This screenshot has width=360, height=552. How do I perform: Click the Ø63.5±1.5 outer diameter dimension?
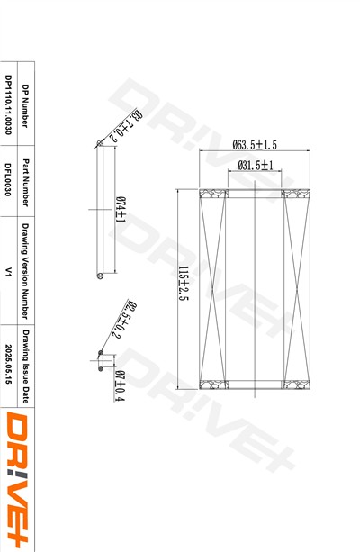point(255,145)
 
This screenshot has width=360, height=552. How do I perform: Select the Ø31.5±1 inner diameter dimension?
point(255,165)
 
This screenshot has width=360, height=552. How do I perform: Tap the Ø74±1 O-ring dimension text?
point(121,210)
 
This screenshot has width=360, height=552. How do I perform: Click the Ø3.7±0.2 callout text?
point(126,125)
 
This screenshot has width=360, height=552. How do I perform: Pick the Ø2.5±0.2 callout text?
point(124,320)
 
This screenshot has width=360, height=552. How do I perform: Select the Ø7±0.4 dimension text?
point(120,385)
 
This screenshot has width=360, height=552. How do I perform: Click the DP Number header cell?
point(25,106)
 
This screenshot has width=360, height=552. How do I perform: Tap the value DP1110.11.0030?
point(8,104)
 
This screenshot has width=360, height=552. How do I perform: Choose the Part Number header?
point(25,183)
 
